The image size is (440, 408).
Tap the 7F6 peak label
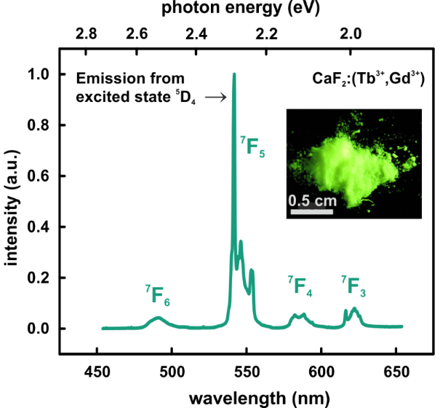pyautogui.click(x=157, y=294)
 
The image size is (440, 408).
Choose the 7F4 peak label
pyautogui.click(x=300, y=286)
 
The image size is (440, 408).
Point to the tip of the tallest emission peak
pyautogui.click(x=234, y=74)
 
